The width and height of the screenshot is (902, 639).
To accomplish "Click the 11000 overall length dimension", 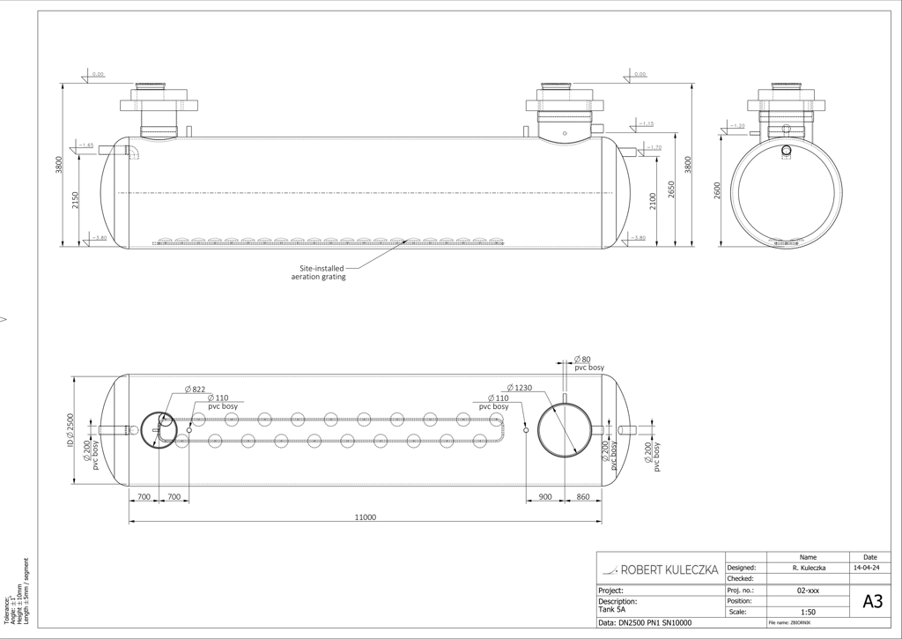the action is [x=365, y=517].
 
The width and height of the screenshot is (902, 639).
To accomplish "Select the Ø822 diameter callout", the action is [x=195, y=389].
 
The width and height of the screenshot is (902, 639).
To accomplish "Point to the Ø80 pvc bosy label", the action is [x=588, y=363].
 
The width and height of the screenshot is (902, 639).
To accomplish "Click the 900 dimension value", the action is [x=544, y=497].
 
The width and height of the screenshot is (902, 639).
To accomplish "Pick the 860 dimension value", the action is [x=582, y=497].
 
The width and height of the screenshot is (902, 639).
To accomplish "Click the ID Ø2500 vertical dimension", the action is [x=70, y=430].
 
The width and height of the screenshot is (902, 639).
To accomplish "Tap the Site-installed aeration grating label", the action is [x=319, y=272].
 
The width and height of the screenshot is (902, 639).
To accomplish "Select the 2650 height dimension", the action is [x=671, y=189].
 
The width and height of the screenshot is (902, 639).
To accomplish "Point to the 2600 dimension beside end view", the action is [x=717, y=189].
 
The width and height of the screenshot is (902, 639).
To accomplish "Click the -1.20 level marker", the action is [x=737, y=126].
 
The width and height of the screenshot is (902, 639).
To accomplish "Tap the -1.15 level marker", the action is [x=646, y=123].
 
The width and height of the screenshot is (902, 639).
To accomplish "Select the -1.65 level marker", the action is [x=85, y=145].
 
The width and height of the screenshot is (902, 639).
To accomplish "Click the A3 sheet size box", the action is [x=872, y=602].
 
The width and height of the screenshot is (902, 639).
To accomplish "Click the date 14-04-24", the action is [x=870, y=568].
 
